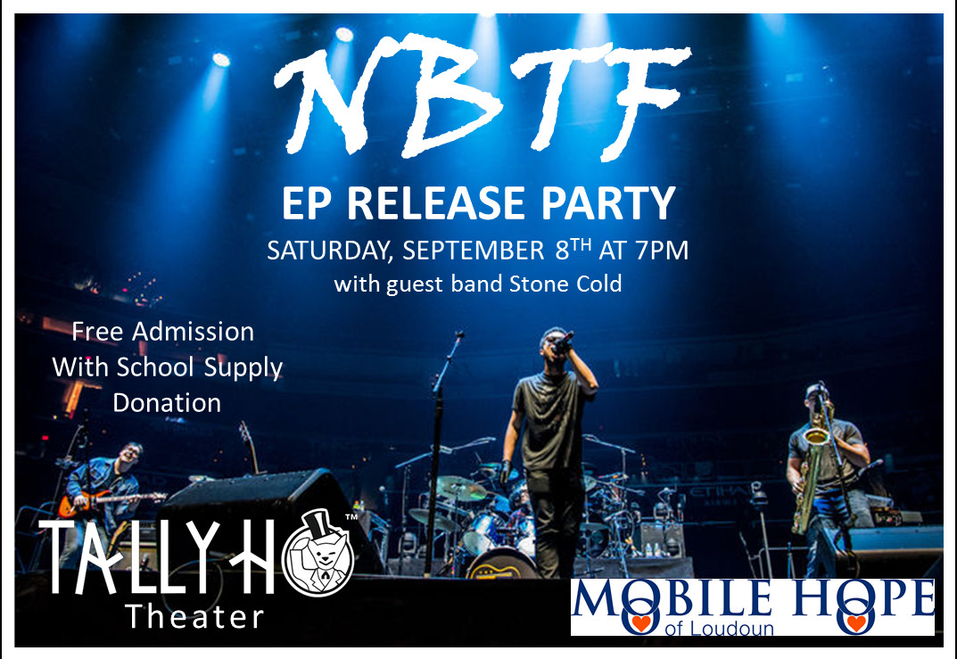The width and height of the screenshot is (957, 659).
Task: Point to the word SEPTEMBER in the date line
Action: tap(473, 251)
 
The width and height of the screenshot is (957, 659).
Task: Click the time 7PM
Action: tap(662, 251)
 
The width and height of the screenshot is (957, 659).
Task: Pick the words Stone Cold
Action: tap(565, 284)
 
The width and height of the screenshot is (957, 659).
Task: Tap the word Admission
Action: tap(193, 332)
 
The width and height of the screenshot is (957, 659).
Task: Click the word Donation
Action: tap(167, 403)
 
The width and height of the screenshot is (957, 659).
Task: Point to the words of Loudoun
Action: tap(719, 628)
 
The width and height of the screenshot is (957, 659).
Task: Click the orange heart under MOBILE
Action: tap(640, 623)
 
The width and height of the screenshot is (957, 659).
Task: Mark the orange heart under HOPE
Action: tap(855, 623)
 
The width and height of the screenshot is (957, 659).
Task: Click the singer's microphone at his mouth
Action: tap(564, 342)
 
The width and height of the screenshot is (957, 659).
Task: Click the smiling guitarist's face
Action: tap(130, 455)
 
